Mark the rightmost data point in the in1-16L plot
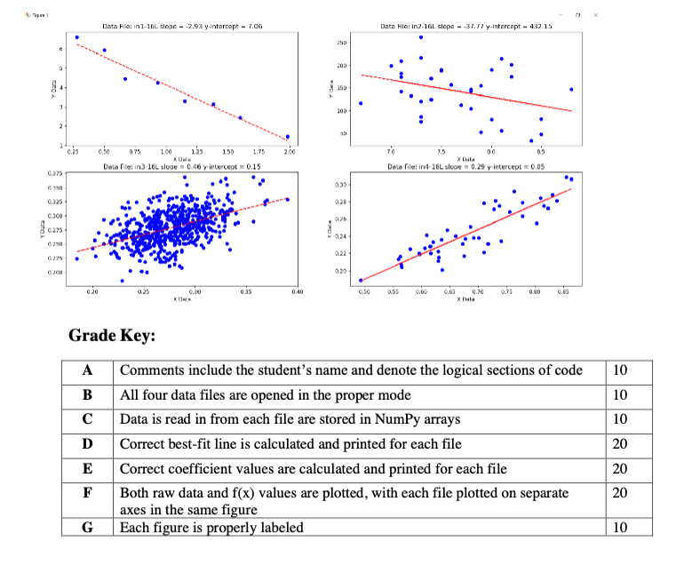point(288,137)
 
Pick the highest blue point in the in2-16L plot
point(421,37)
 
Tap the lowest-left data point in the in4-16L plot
point(361,281)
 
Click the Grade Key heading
point(113,337)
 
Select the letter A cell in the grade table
point(87,370)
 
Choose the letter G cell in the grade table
point(87,528)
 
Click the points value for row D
point(622,443)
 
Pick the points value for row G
point(622,528)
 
